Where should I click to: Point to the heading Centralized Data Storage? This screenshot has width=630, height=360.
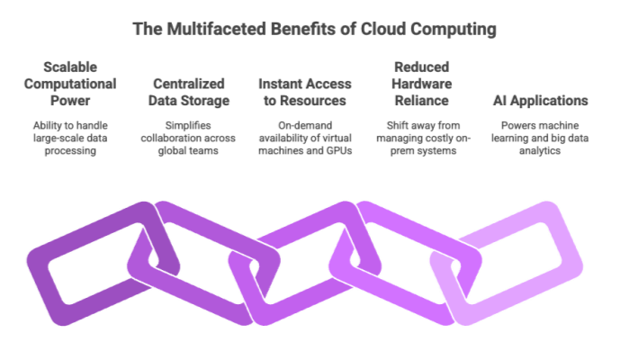[x=189, y=92]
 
